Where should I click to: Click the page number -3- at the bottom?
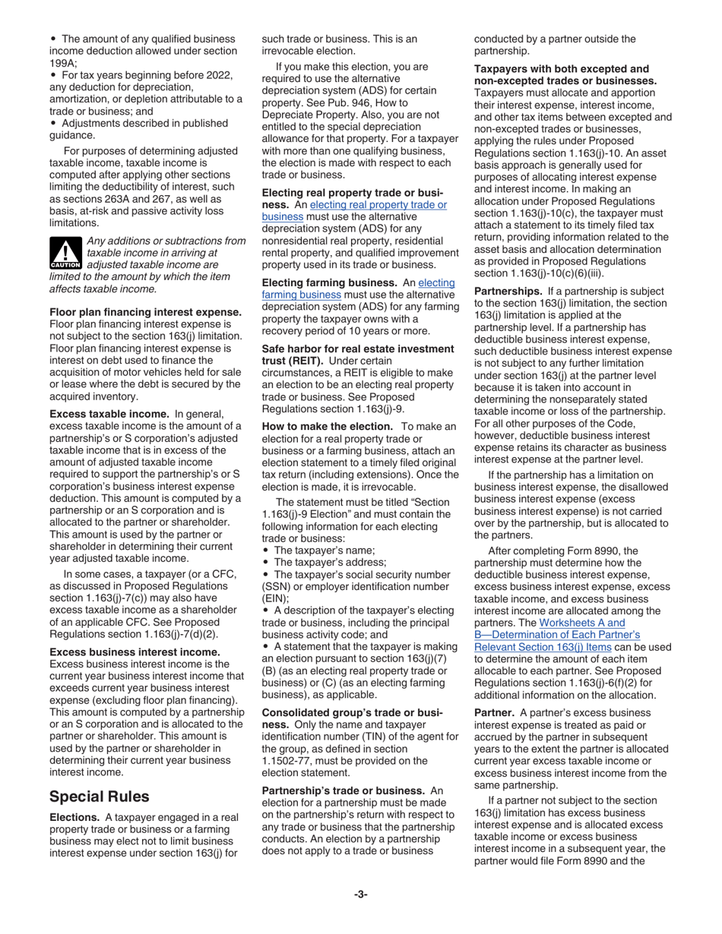pyautogui.click(x=360, y=895)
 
